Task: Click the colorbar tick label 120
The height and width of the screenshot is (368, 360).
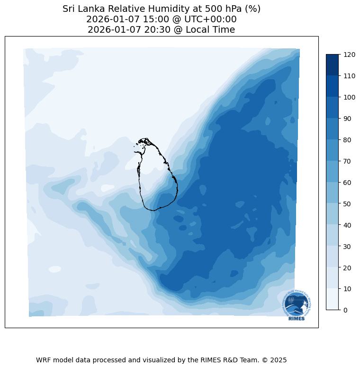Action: tap(350, 55)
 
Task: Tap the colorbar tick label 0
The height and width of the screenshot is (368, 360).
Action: tap(345, 310)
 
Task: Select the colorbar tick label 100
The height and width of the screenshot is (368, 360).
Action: tap(350, 97)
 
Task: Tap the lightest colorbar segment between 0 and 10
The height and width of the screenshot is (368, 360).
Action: tap(333, 299)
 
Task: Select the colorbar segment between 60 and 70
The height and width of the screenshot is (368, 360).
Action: tap(333, 172)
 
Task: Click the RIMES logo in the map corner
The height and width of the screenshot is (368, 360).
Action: tap(297, 305)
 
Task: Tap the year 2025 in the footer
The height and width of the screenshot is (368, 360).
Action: tap(279, 360)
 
